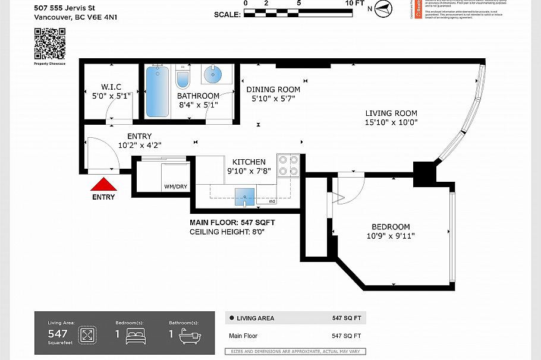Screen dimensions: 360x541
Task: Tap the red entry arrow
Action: click(x=103, y=185)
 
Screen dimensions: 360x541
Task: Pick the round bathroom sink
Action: click(x=212, y=75)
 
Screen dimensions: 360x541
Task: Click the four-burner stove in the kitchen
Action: click(x=289, y=165)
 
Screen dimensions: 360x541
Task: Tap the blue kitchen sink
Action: click(x=244, y=196)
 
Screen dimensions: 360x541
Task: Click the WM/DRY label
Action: click(x=175, y=187)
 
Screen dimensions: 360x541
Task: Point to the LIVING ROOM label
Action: click(x=391, y=113)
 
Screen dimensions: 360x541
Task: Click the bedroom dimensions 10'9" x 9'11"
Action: click(x=391, y=236)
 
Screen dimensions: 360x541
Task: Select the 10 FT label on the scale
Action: click(x=355, y=4)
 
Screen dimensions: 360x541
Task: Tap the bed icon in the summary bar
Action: click(x=136, y=335)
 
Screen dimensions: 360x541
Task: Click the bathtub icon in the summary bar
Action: click(x=190, y=335)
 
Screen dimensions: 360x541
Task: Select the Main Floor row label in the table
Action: click(x=244, y=336)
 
